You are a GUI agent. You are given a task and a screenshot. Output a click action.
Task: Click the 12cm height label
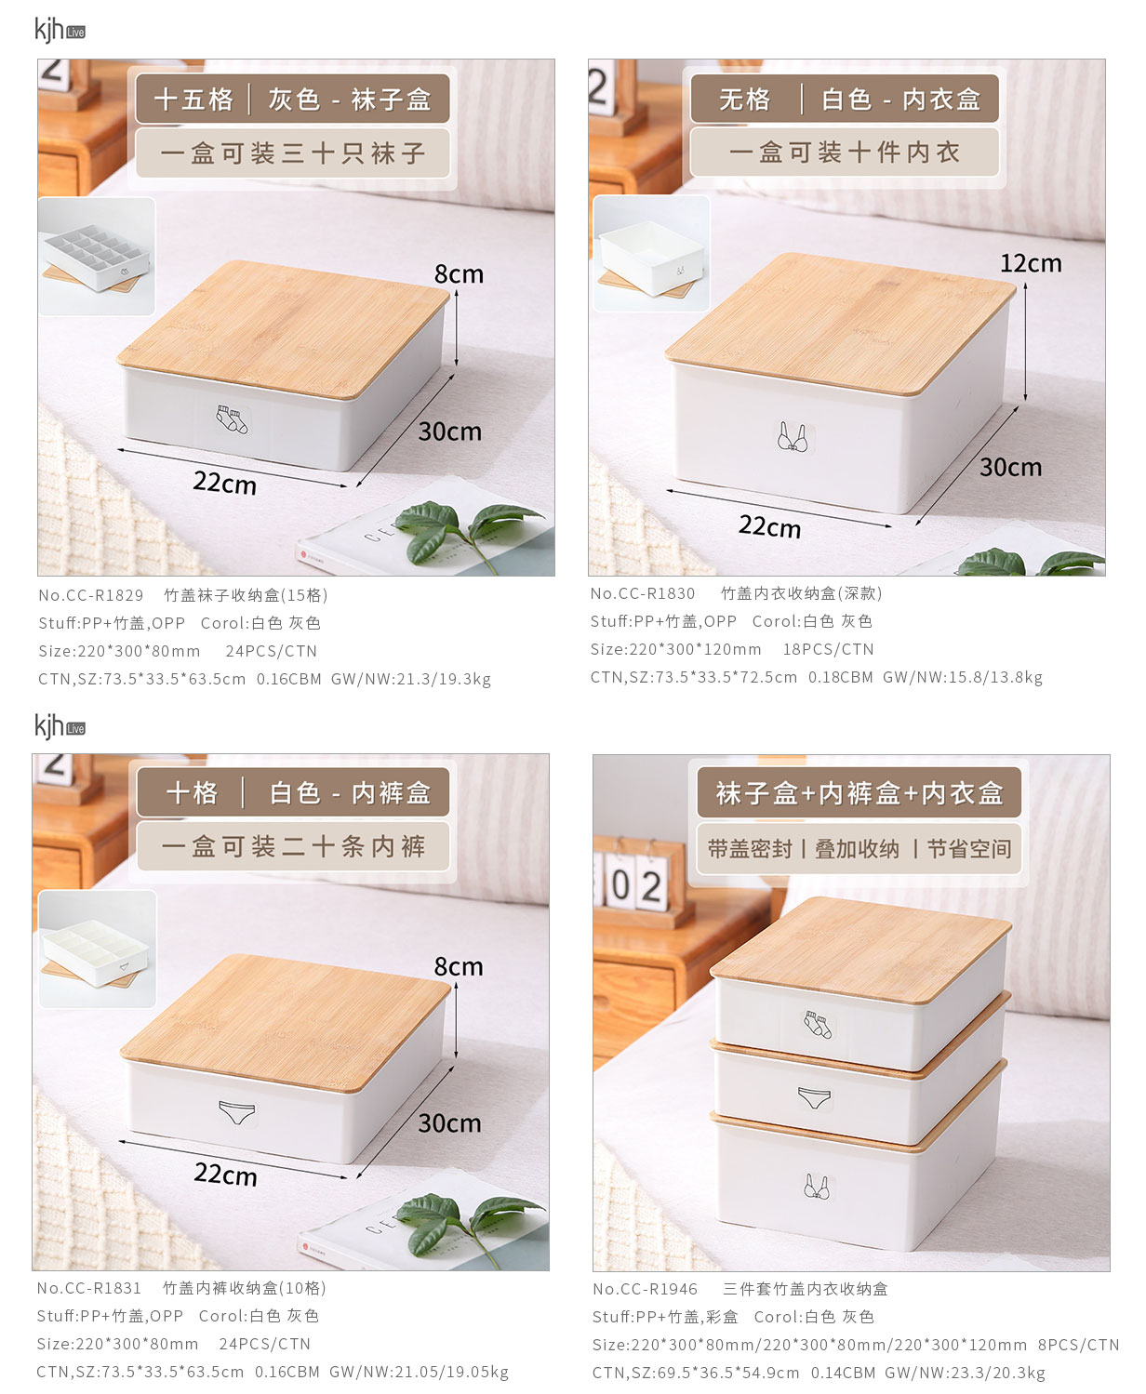pyautogui.click(x=1031, y=264)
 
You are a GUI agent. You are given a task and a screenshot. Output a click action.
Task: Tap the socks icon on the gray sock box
pyautogui.click(x=232, y=419)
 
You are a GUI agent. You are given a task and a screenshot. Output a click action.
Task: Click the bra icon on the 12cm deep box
pyautogui.click(x=793, y=436)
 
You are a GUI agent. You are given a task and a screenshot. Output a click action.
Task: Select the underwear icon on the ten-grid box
pyautogui.click(x=237, y=1112)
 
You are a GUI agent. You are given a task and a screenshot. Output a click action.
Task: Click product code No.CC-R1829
pyautogui.click(x=90, y=595)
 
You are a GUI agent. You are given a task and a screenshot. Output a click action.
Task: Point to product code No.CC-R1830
pyautogui.click(x=643, y=593)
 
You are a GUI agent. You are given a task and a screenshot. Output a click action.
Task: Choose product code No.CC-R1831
pyautogui.click(x=88, y=1288)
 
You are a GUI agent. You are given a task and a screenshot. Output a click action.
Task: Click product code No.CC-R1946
pyautogui.click(x=645, y=1289)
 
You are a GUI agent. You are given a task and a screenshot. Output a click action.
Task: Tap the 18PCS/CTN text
pyautogui.click(x=828, y=650)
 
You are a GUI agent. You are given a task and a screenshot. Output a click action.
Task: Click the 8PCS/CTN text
pyautogui.click(x=1078, y=1345)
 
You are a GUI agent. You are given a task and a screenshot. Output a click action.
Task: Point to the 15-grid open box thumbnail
pyautogui.click(x=97, y=257)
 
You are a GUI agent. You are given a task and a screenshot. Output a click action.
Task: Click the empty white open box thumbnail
pyautogui.click(x=651, y=253)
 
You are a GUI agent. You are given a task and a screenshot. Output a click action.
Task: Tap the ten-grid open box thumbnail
pyautogui.click(x=98, y=949)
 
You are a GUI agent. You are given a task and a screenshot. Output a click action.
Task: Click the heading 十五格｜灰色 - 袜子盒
pyautogui.click(x=292, y=100)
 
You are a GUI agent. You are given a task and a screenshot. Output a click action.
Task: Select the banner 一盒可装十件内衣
pyautogui.click(x=845, y=153)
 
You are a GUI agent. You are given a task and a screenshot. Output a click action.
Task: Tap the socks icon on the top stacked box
pyautogui.click(x=818, y=1024)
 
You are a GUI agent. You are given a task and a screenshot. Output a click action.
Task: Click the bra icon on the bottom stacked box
pyautogui.click(x=816, y=1187)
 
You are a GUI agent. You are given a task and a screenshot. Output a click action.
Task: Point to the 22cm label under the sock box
pyautogui.click(x=224, y=484)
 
